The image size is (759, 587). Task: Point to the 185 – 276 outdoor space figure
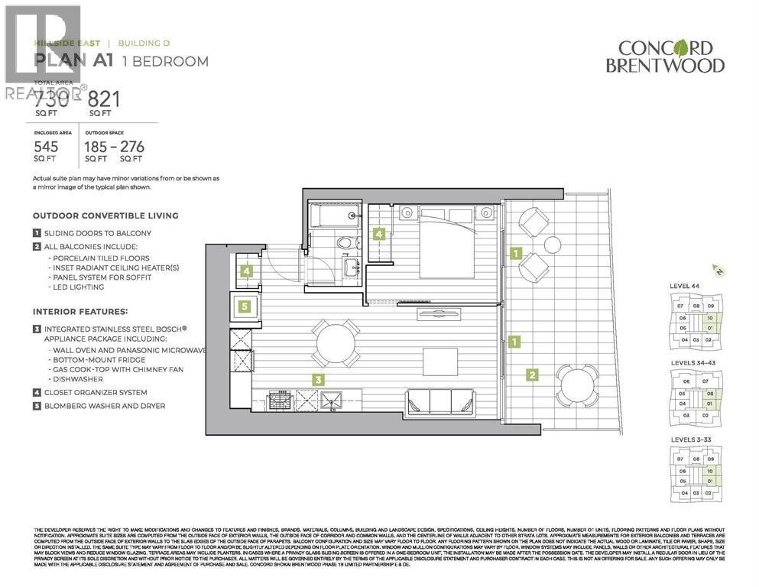[115, 147]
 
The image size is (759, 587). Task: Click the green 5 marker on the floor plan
[244, 306]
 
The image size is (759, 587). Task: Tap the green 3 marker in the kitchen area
[316, 378]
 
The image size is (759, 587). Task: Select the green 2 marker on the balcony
[531, 374]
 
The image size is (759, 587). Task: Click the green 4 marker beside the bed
[378, 235]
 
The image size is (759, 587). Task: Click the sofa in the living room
[443, 401]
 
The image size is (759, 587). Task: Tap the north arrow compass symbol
[716, 270]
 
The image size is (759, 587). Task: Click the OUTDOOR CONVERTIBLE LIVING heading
[105, 216]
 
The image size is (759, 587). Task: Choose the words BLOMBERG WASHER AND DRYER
[103, 406]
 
